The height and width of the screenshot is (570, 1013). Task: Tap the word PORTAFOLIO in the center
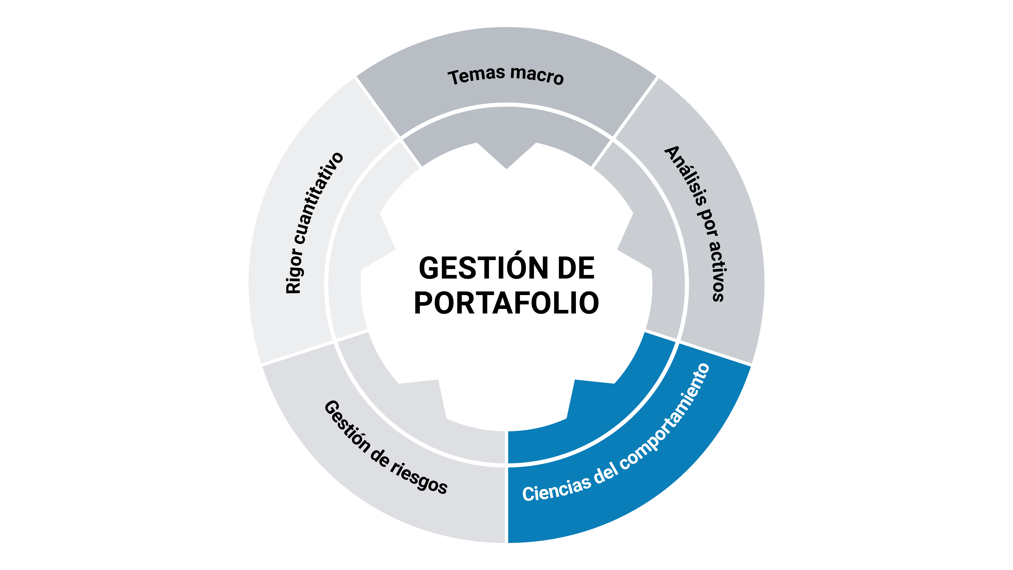pyautogui.click(x=506, y=303)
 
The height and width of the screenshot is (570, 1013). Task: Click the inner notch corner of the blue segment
pyautogui.click(x=575, y=380)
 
